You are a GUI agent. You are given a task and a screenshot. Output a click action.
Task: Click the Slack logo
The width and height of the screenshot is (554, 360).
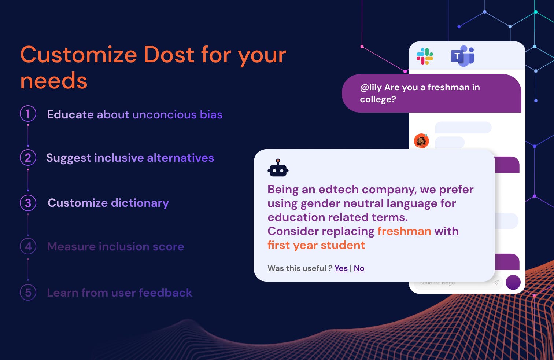[x=425, y=56]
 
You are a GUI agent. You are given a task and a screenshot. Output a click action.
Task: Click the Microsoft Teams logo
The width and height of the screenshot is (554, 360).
[x=463, y=56]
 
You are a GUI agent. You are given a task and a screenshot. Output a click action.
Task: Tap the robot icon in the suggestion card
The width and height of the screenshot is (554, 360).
[x=278, y=168]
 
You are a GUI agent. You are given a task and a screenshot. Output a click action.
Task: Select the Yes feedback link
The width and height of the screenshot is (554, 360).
[x=341, y=268]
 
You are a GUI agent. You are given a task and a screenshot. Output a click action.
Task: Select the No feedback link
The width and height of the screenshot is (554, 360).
[x=359, y=268]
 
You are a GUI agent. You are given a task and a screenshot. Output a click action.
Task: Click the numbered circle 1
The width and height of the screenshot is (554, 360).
[x=28, y=114]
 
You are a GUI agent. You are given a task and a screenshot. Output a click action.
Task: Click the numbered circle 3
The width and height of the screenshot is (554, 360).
[x=28, y=203]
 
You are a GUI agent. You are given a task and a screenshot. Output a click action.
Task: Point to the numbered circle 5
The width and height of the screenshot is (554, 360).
[x=28, y=293]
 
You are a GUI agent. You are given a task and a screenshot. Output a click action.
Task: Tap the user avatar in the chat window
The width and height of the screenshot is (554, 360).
[x=421, y=141]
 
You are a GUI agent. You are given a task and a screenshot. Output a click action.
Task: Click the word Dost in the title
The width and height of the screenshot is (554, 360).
[x=169, y=55]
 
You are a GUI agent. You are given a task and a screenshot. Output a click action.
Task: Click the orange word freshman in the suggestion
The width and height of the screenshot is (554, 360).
[x=405, y=231]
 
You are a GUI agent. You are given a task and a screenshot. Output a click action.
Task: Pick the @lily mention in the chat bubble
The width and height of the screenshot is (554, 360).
[x=371, y=87]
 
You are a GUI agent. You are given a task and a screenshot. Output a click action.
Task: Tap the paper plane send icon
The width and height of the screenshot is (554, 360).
[x=496, y=283]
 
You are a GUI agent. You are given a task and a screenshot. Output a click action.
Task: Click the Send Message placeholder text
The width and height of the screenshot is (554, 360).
[x=437, y=283]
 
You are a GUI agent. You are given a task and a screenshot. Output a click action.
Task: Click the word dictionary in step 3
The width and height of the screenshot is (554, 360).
[x=140, y=203]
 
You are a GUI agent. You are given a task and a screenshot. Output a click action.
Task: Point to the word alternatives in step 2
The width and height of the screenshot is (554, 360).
[x=181, y=158]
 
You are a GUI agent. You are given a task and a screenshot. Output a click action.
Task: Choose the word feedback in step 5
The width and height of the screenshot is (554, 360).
[x=166, y=293]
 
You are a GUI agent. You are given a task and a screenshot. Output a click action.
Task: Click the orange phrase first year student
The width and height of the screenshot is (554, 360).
[x=316, y=245]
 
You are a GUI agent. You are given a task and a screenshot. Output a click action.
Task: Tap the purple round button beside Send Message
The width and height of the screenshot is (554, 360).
[x=513, y=282]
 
